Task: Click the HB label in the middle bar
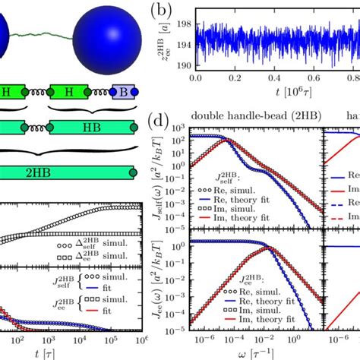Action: (83, 123)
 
